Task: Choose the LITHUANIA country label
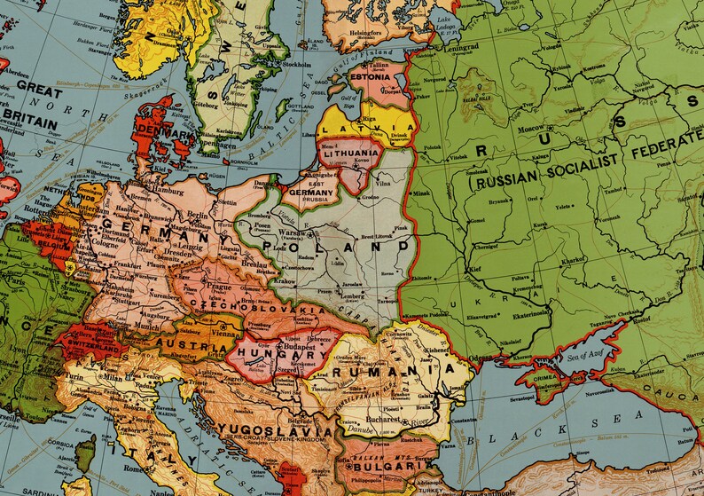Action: click(350, 154)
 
